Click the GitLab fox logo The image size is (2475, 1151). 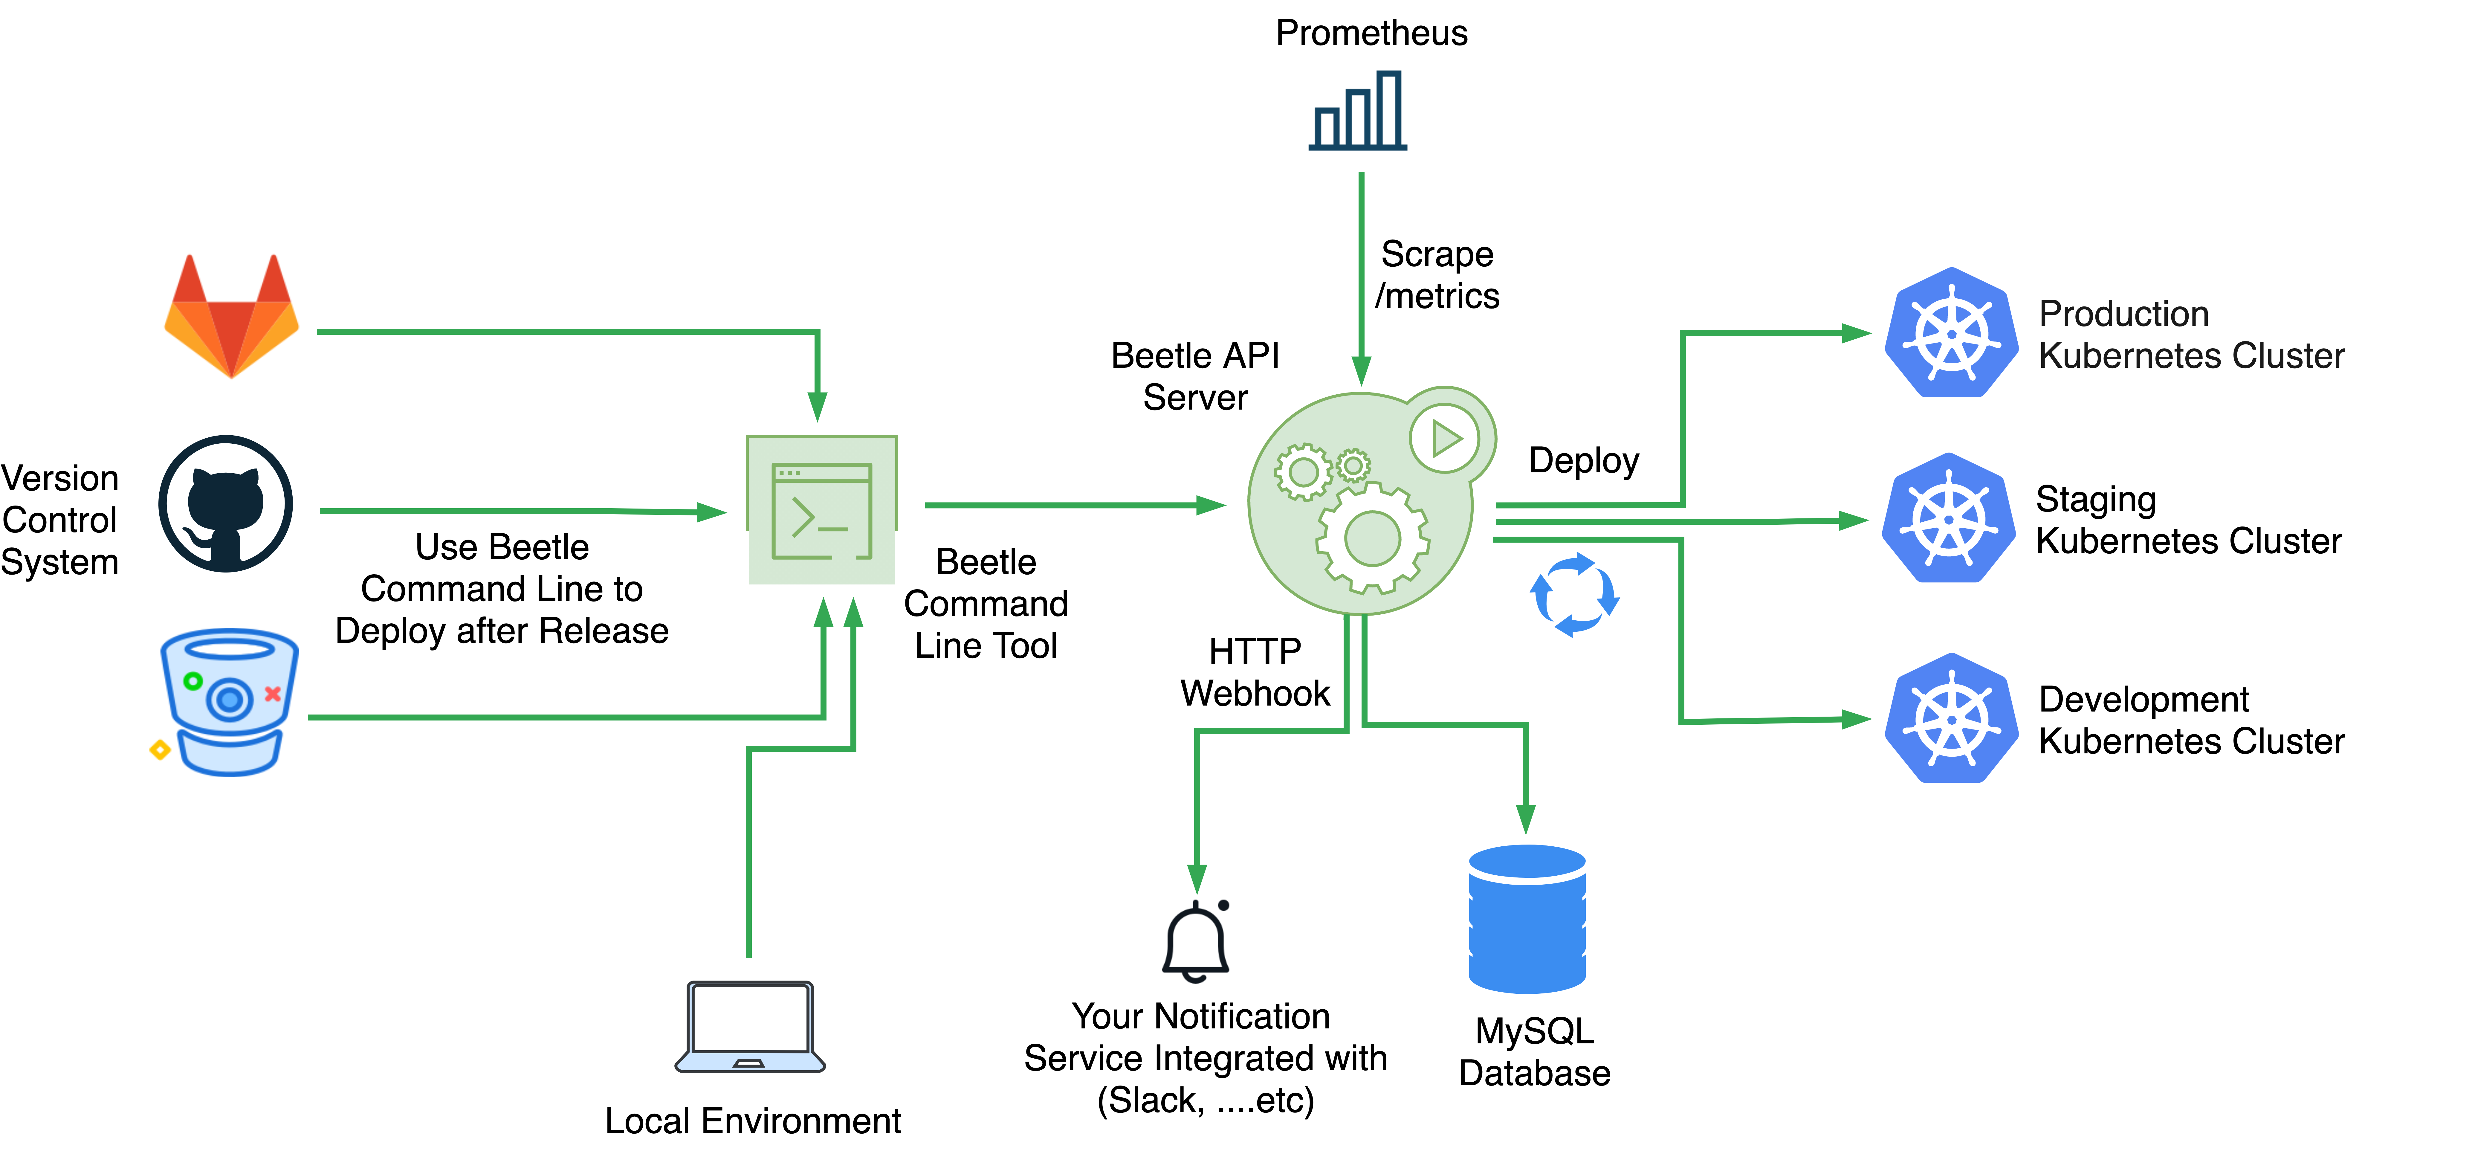tap(232, 317)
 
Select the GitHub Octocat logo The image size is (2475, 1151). tap(226, 504)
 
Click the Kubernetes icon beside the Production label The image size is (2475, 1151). tap(1950, 333)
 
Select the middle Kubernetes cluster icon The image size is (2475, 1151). tap(1949, 519)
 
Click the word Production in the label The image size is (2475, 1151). tap(2123, 314)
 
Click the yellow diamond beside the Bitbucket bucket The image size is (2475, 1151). tap(161, 749)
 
